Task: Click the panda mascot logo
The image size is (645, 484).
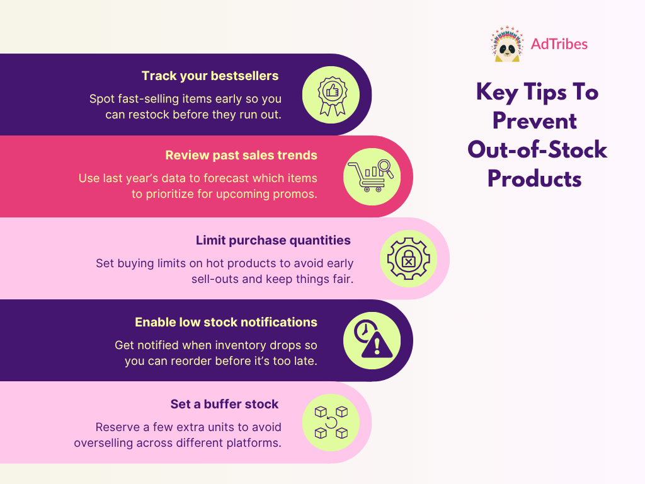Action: [506, 44]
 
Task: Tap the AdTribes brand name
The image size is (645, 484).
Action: [559, 44]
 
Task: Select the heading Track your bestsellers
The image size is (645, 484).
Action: [210, 76]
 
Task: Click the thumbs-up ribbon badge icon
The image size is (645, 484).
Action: [331, 95]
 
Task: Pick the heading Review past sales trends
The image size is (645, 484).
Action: [241, 155]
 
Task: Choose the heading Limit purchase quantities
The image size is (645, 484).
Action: [273, 240]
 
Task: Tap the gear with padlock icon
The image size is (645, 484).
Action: [408, 258]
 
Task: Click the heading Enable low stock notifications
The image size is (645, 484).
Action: [226, 322]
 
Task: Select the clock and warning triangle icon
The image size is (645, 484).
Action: [372, 341]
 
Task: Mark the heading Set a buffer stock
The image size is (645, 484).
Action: [224, 404]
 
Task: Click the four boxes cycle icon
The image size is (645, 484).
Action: [331, 422]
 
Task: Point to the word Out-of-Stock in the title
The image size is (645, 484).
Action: [537, 150]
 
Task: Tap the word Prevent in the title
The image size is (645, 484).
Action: [535, 120]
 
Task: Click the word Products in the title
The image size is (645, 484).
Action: [535, 179]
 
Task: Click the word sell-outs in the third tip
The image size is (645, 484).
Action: [215, 279]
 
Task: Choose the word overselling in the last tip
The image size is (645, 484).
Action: [103, 442]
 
